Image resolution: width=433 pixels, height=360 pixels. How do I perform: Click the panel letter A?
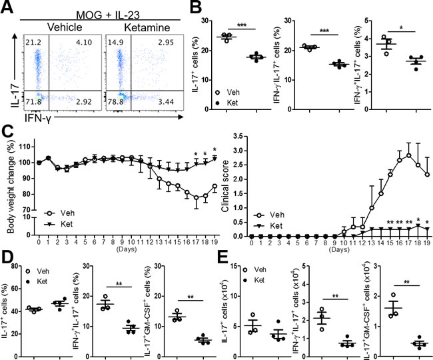[x=9, y=9]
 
